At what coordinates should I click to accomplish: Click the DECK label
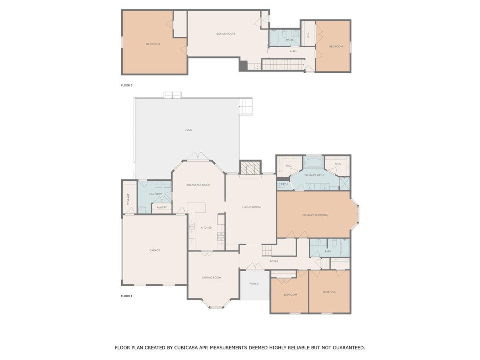click(x=188, y=130)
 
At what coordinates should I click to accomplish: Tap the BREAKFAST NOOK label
click(x=198, y=185)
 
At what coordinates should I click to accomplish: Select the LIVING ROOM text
click(x=251, y=207)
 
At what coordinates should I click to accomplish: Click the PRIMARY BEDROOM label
click(x=315, y=215)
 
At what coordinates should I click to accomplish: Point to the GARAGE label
click(x=155, y=250)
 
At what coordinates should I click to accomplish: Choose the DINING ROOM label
click(x=212, y=278)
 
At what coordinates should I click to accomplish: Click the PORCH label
click(x=254, y=284)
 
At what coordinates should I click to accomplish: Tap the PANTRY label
click(x=162, y=208)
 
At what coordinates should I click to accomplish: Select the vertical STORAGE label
click(x=128, y=199)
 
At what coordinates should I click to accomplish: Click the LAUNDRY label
click(x=155, y=194)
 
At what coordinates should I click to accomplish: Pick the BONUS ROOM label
click(x=226, y=34)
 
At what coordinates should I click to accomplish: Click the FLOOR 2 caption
click(x=126, y=86)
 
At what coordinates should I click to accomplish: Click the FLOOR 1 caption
click(x=126, y=296)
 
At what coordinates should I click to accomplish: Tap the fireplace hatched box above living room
click(x=250, y=168)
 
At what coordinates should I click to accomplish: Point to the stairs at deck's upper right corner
click(x=246, y=106)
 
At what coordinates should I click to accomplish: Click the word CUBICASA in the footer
click(x=190, y=348)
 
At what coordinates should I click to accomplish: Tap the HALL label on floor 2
click(x=294, y=51)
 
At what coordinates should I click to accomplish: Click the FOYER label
click(x=274, y=262)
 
